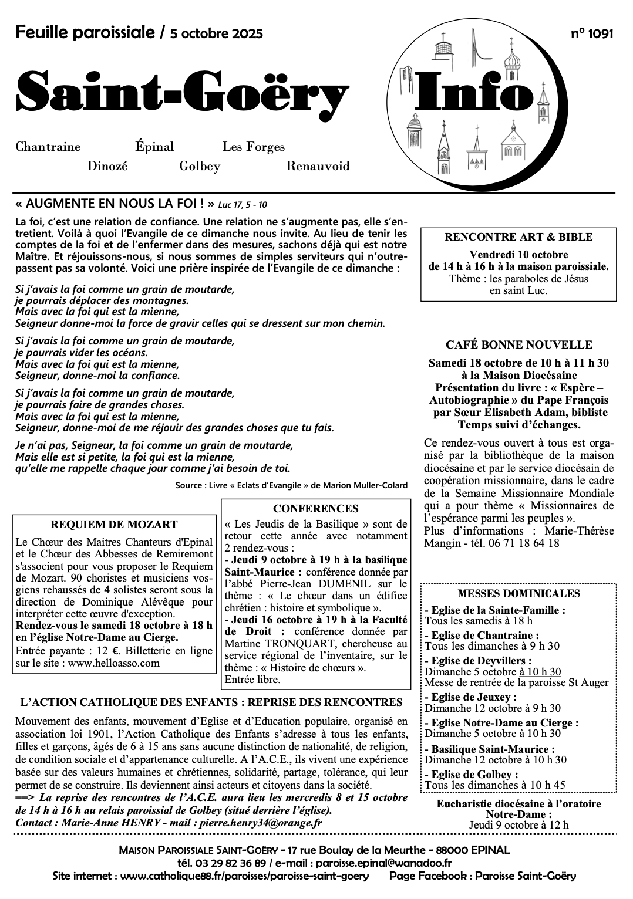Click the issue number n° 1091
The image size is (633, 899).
click(x=592, y=34)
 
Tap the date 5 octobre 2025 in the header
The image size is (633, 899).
click(x=216, y=34)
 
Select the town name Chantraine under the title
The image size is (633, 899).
click(x=48, y=147)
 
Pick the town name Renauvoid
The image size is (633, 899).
click(x=318, y=166)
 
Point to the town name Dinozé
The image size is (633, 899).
click(x=107, y=166)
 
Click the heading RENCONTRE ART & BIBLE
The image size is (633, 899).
click(x=518, y=237)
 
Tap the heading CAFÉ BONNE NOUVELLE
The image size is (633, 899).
click(x=518, y=345)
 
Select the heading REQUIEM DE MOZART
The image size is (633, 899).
click(x=114, y=525)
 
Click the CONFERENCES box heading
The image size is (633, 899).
click(x=315, y=509)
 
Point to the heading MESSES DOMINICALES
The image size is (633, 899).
click(x=518, y=593)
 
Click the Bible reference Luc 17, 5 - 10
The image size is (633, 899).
click(x=242, y=205)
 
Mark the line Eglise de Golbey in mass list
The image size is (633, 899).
click(x=472, y=775)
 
